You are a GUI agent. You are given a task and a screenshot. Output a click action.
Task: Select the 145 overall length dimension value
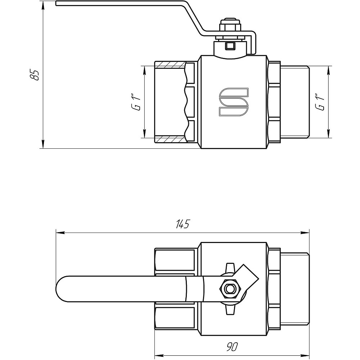(182, 224)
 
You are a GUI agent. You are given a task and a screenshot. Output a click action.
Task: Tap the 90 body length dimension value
(232, 347)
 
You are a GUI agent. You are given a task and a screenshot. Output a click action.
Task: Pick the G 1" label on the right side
(319, 102)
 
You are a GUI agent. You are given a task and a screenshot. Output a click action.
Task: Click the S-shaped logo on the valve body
(234, 102)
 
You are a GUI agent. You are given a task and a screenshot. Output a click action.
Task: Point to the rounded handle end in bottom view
(61, 289)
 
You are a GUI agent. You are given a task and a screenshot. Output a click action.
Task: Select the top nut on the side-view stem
(228, 27)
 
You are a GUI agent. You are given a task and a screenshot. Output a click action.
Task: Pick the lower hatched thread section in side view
(170, 139)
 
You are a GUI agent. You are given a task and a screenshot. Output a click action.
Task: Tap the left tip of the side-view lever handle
(57, 4)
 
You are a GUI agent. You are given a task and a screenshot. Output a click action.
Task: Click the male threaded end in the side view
(294, 102)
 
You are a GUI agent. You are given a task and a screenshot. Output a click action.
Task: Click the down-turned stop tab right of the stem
(254, 43)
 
